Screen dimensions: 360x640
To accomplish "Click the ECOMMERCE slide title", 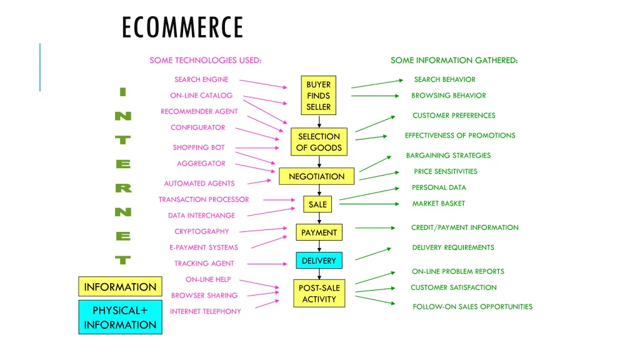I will [182, 28].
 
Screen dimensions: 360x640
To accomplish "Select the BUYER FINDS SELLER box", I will [319, 96].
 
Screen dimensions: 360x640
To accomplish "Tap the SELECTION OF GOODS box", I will [319, 142].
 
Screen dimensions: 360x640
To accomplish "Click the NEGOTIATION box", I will [316, 176].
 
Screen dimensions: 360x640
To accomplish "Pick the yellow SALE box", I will [317, 204].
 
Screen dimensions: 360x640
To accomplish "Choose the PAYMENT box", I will [319, 232].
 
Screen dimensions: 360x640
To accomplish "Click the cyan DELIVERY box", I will [319, 261].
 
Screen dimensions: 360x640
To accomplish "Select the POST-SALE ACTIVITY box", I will [319, 293].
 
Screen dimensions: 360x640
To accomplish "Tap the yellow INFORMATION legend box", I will [120, 287].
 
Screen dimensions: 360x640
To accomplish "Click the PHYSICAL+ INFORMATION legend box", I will [120, 317].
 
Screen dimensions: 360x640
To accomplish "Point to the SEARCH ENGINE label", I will [201, 79].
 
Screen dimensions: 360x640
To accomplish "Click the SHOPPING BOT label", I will [198, 147].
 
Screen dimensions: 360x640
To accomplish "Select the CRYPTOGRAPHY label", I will [201, 231].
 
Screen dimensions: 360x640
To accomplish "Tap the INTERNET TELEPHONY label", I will [205, 311].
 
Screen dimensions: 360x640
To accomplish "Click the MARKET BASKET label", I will [438, 203].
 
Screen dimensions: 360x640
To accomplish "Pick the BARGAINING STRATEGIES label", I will [448, 155].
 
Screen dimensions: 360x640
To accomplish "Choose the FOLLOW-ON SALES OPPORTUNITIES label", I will [472, 306].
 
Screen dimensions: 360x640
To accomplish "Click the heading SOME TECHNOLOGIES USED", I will [205, 60].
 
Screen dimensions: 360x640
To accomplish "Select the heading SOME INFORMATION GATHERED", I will [454, 60].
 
